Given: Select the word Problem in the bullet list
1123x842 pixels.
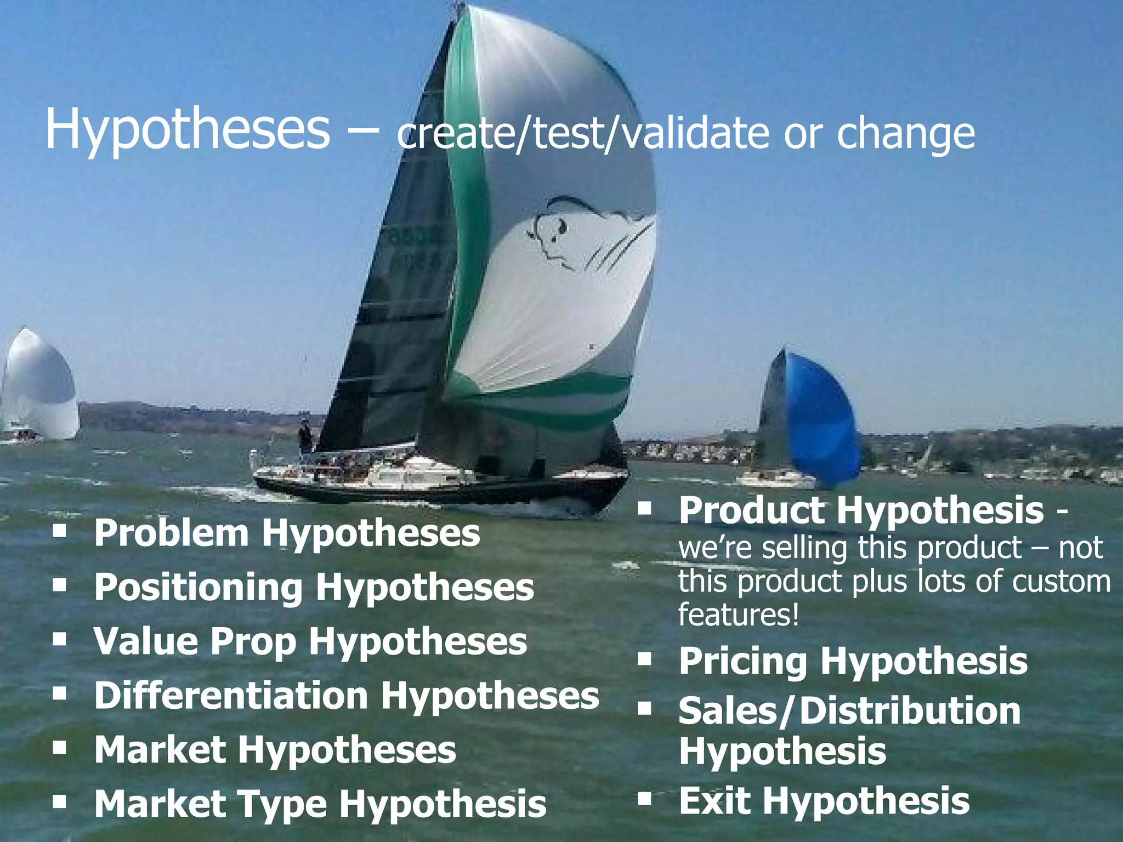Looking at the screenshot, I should pos(171,533).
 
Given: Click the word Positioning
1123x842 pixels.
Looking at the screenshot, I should pos(198,587).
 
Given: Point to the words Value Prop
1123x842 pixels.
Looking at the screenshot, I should pos(195,641).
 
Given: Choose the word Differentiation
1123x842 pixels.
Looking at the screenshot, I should pos(231,696).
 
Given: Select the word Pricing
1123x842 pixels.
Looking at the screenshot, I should pos(743,661).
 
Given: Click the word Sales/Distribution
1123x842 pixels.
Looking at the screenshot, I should pos(849,712).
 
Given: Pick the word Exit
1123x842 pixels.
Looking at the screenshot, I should pos(714,801).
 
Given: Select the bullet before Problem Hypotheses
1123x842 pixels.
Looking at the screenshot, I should pos(60,531).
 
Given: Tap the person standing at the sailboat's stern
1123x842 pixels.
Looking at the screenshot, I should pos(305,437).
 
